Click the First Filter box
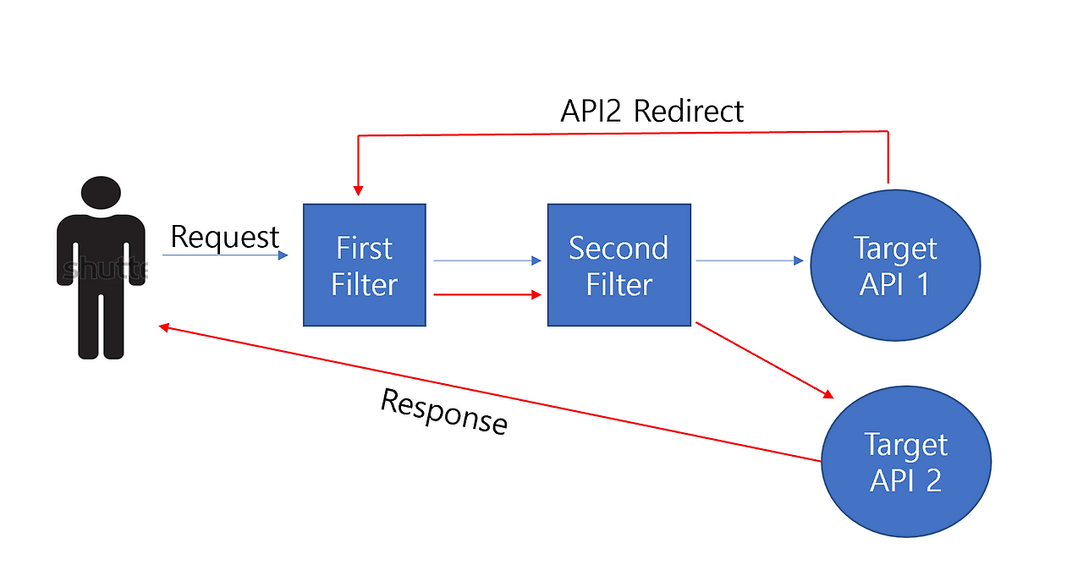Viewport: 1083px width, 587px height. click(x=365, y=266)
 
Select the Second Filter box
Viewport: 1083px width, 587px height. click(x=618, y=266)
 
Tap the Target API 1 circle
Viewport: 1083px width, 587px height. click(x=895, y=266)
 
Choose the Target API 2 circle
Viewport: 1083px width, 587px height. click(x=906, y=462)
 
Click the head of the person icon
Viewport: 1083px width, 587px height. click(x=101, y=192)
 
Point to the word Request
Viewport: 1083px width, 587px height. click(x=224, y=238)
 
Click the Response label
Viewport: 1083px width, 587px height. click(x=443, y=411)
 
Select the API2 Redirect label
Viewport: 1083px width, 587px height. click(x=651, y=111)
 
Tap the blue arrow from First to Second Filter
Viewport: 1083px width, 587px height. click(x=487, y=261)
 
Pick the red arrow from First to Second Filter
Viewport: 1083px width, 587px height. click(x=487, y=294)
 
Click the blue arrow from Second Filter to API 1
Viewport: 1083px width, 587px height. click(x=749, y=261)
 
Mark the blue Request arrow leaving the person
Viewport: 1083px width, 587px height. click(x=224, y=255)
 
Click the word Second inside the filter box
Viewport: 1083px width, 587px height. click(x=618, y=248)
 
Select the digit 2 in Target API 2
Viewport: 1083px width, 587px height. click(x=932, y=480)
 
